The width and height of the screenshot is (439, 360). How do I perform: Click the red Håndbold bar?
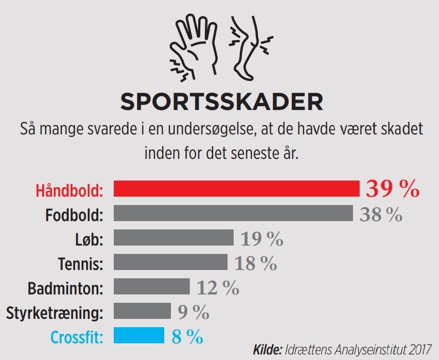(236, 189)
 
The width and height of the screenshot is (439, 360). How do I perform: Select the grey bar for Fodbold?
(233, 213)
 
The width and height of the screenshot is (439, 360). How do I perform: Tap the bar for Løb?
(174, 238)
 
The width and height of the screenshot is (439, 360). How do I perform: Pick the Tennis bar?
(170, 262)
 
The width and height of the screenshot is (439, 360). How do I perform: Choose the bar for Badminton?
(152, 287)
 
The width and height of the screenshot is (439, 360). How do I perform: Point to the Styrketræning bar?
(142, 311)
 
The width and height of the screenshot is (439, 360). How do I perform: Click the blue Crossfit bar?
(139, 336)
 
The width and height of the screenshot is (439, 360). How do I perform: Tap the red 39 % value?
(392, 189)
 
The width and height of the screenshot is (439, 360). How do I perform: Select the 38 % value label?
(381, 214)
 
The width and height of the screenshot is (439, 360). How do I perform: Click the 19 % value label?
(261, 239)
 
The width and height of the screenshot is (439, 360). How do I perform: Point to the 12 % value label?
(218, 288)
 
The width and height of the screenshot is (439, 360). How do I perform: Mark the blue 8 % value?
(187, 337)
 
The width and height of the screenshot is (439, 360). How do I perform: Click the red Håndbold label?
(69, 190)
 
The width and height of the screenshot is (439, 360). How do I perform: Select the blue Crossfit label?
(77, 337)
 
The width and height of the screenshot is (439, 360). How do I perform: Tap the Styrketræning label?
(54, 312)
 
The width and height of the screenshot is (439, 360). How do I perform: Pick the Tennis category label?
(80, 263)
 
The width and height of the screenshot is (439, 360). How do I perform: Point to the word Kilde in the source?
(267, 350)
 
